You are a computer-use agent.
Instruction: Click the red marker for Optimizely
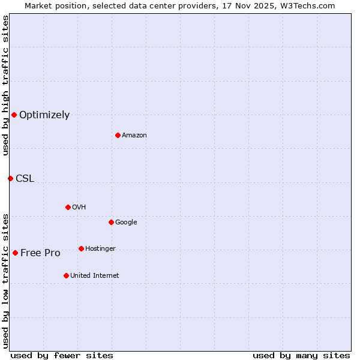pos(14,115)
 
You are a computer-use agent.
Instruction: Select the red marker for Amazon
pos(118,135)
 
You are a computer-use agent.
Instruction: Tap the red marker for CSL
pos(10,178)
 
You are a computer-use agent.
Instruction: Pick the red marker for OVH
pos(68,207)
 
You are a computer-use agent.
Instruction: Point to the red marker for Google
pos(111,222)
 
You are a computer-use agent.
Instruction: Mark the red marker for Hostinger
pos(81,248)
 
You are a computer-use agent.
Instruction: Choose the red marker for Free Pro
pos(15,253)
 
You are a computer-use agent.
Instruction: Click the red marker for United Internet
pos(66,275)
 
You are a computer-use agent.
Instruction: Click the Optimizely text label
pos(44,115)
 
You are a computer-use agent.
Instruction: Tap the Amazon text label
pos(134,136)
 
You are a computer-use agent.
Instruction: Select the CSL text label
pos(25,179)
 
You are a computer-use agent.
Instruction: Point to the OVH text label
pos(79,208)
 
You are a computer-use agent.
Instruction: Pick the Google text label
pos(126,223)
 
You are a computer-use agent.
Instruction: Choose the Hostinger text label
pos(100,249)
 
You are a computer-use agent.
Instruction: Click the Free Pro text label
pos(40,253)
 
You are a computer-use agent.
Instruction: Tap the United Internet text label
pos(95,276)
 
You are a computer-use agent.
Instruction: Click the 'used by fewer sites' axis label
pos(62,355)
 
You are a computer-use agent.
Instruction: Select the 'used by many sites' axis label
pos(301,355)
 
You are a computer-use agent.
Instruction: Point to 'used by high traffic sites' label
pos(5,85)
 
